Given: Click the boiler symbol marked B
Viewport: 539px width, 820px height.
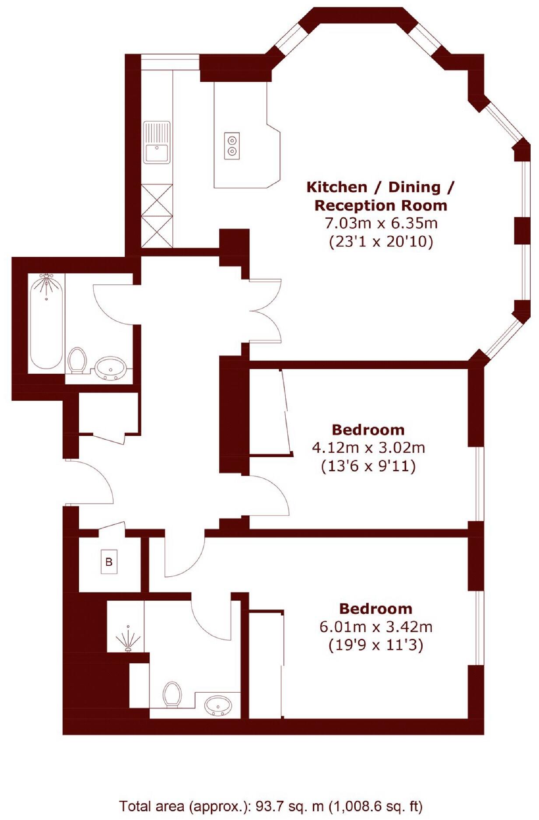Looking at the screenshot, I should pyautogui.click(x=109, y=561).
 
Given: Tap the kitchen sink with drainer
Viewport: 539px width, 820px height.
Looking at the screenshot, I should pyautogui.click(x=157, y=142).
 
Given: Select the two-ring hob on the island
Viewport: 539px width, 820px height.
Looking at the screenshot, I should pyautogui.click(x=232, y=146).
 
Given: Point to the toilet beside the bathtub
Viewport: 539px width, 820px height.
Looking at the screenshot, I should pyautogui.click(x=77, y=360).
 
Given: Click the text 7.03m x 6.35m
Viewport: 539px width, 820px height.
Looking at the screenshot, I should pyautogui.click(x=381, y=224).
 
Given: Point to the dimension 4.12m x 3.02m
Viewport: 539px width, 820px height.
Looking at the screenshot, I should pyautogui.click(x=368, y=448).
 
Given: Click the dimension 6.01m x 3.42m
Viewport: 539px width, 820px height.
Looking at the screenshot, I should pyautogui.click(x=376, y=627).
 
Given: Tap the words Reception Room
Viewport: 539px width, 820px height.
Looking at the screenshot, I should pyautogui.click(x=381, y=205).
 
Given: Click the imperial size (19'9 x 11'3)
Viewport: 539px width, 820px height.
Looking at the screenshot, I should pyautogui.click(x=376, y=645).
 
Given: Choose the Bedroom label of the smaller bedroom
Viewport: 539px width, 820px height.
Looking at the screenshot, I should pyautogui.click(x=368, y=430).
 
